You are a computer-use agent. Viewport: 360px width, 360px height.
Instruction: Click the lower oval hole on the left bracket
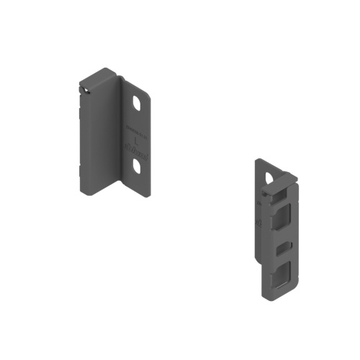(138, 166)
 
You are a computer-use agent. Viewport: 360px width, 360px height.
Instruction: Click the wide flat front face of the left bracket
(101, 137)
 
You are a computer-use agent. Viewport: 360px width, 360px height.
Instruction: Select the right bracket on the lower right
(275, 230)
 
